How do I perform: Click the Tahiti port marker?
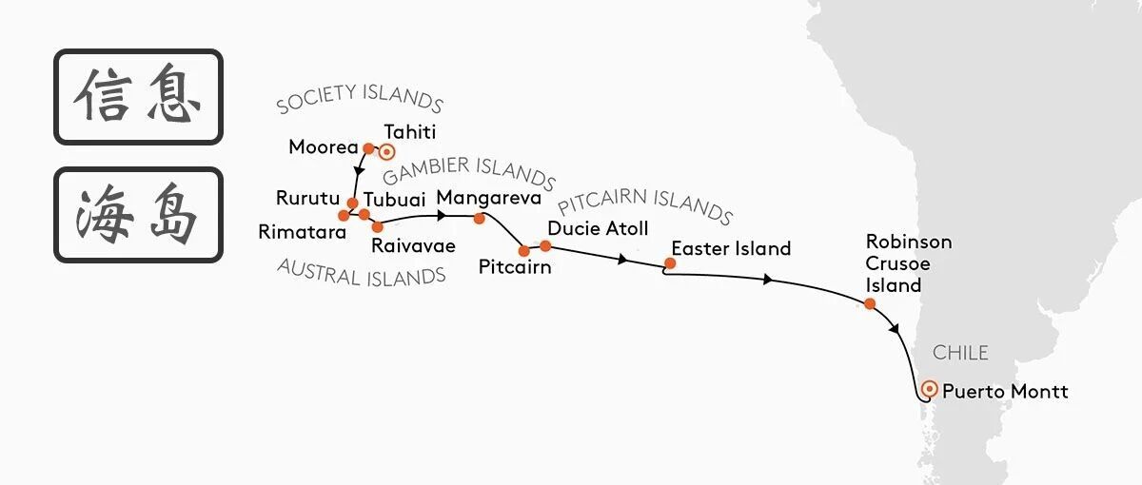[386, 150]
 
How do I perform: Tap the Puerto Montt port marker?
[930, 389]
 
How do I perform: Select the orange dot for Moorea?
[367, 147]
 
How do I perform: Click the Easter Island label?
[731, 249]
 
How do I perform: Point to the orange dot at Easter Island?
[669, 263]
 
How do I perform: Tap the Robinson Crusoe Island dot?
[869, 304]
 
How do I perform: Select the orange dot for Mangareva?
[479, 219]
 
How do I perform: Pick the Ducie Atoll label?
[598, 229]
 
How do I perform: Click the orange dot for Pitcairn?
[523, 251]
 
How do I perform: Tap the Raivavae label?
[413, 245]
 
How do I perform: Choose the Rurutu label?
[307, 200]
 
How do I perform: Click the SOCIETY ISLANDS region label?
[360, 99]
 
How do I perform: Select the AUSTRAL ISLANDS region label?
[362, 273]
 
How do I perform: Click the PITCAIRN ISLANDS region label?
[645, 204]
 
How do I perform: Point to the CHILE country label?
[960, 353]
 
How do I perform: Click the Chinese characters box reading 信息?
[138, 97]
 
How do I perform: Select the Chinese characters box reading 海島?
[138, 215]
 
